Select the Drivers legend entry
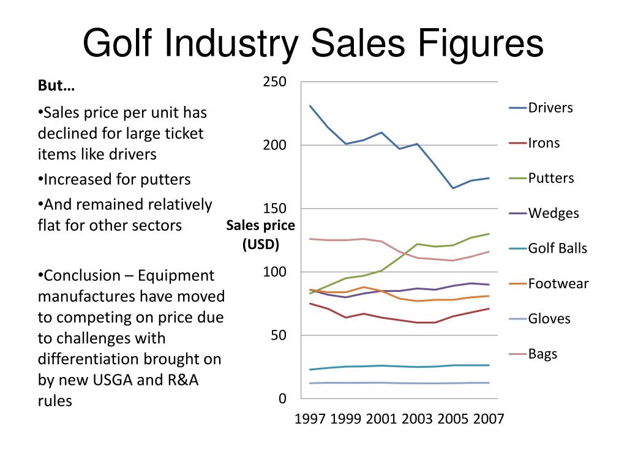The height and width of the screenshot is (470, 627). pos(550,108)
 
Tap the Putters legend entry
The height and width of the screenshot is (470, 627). pos(550,178)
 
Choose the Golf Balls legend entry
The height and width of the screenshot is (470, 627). pos(557,248)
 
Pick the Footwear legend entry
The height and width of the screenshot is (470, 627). pos(558,283)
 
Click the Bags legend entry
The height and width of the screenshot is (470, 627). pos(543,354)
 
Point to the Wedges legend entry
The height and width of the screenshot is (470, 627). pos(553,213)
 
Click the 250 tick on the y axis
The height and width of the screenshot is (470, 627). pos(274,82)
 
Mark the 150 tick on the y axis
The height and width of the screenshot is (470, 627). pos(274,209)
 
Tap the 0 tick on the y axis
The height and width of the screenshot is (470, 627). pos(282,399)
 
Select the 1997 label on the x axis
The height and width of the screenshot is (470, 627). pos(311,419)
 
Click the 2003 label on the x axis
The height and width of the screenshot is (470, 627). pos(418,419)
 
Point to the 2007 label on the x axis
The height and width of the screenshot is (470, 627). pos(489,419)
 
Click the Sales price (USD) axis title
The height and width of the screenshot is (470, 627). pos(260,235)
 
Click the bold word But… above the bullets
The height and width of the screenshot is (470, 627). pos(56,86)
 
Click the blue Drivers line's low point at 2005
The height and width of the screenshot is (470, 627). pos(453,188)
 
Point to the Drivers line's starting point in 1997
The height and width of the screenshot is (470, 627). pos(310,106)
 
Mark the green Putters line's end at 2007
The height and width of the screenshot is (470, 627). pos(489,234)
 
